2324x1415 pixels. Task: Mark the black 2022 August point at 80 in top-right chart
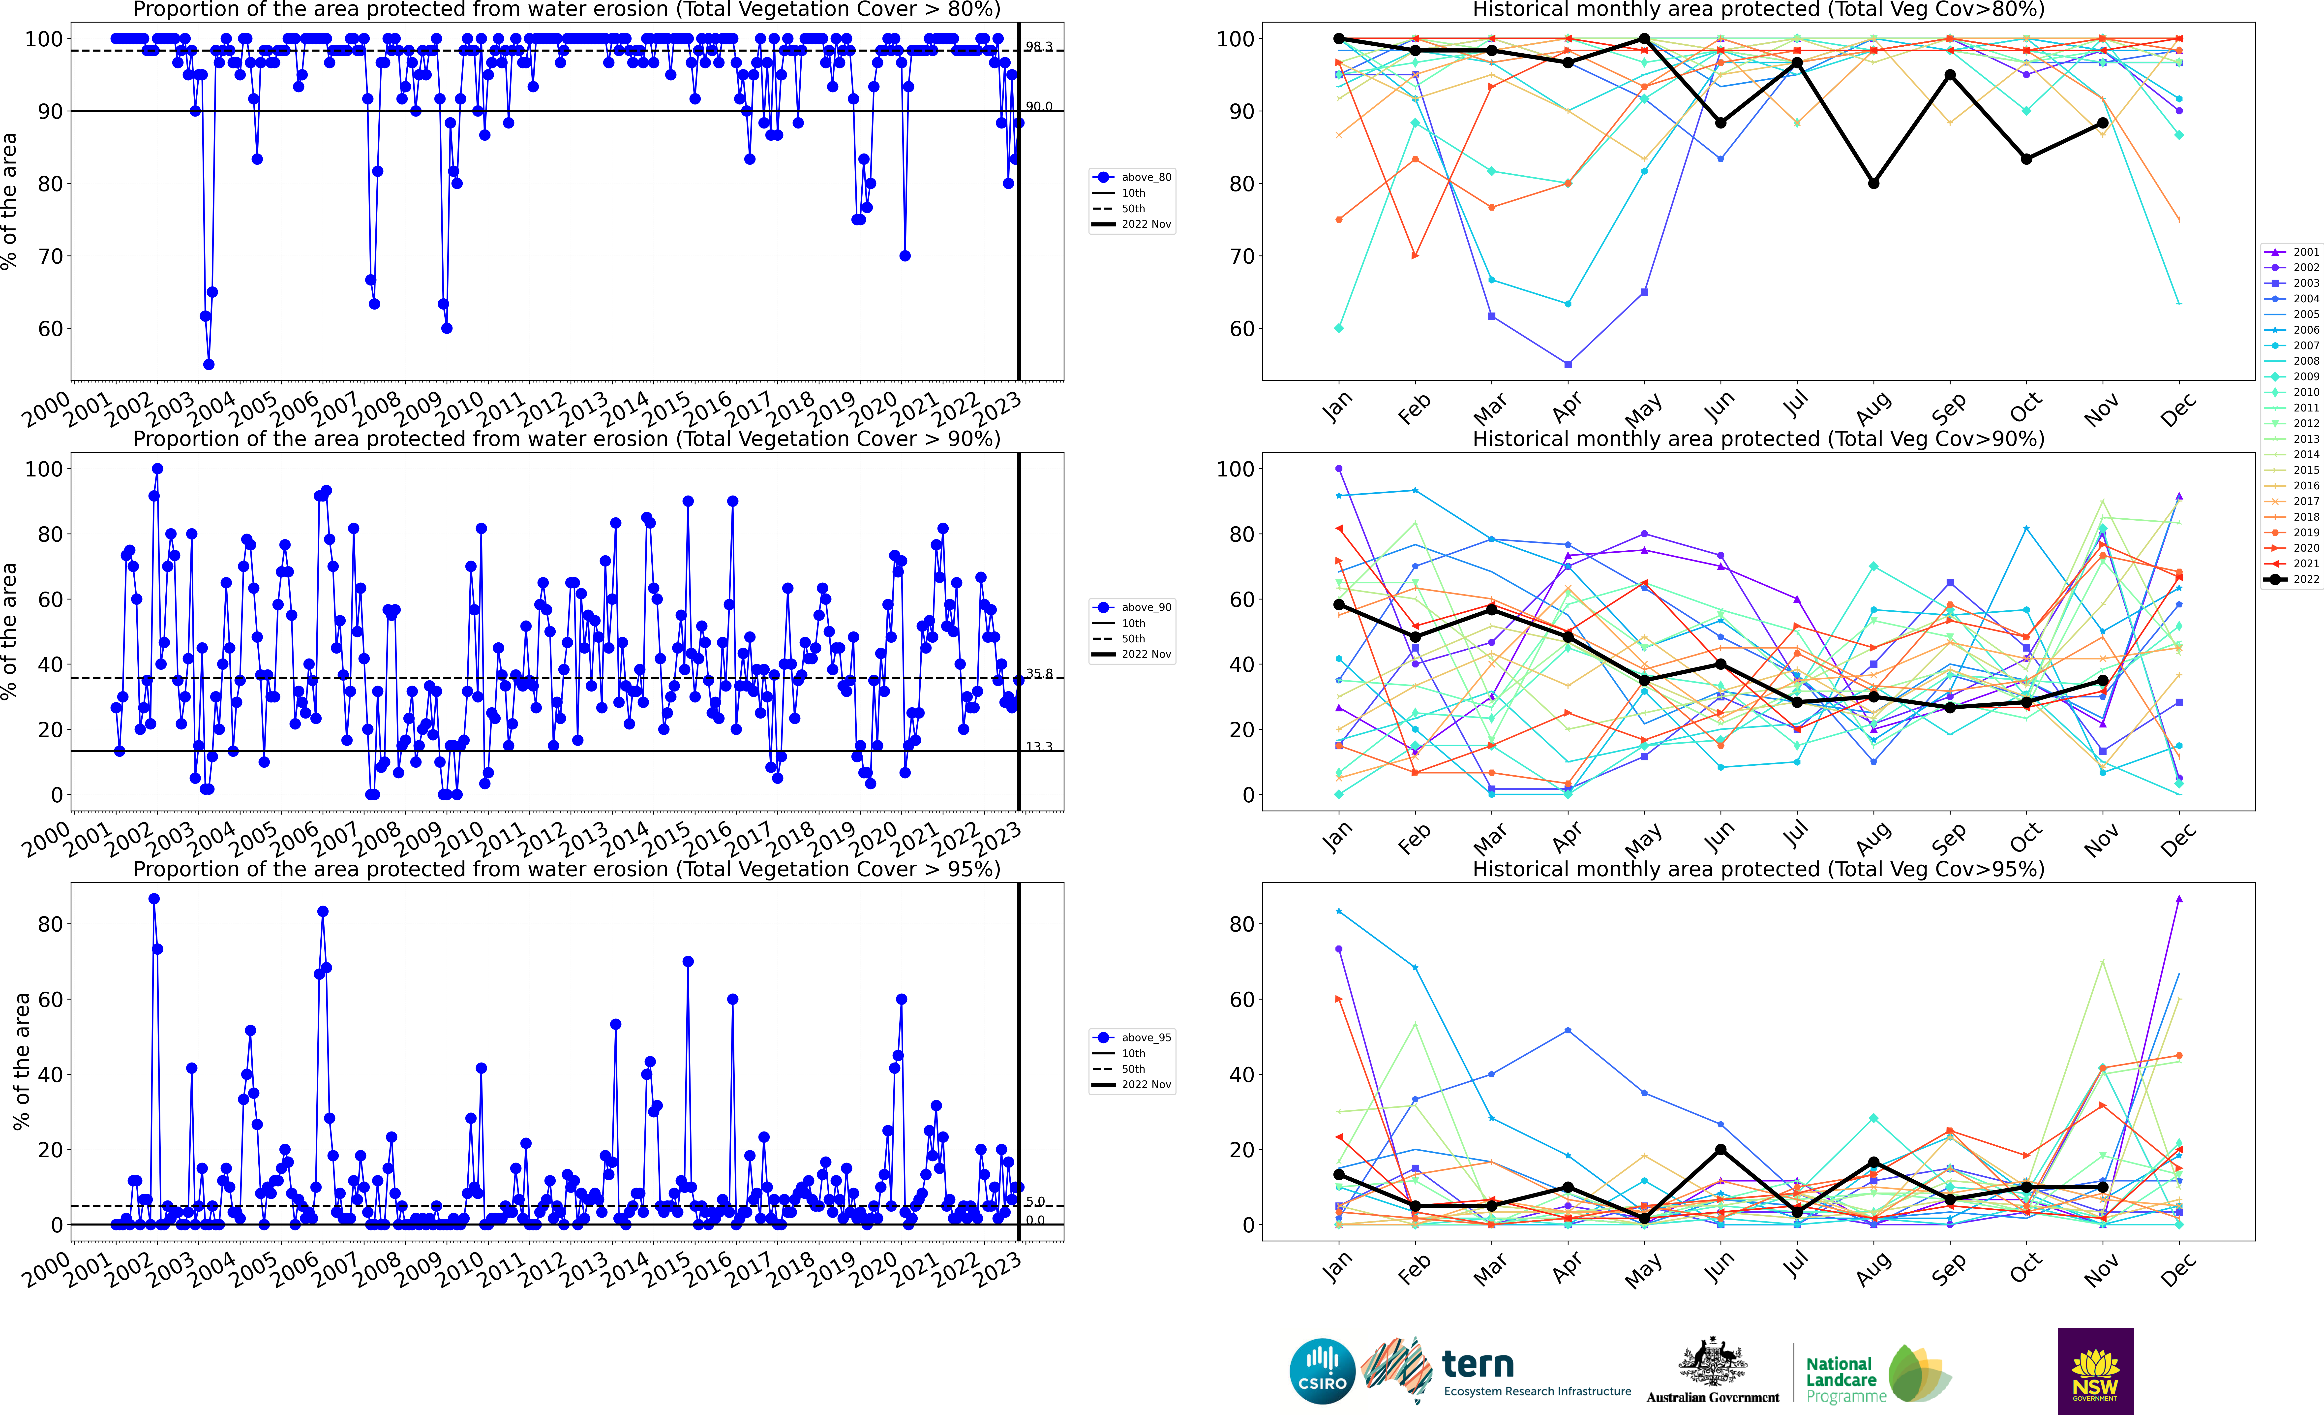pos(1873,183)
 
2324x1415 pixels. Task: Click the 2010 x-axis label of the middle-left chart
pos(460,838)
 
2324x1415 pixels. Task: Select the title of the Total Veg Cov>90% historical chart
pos(1758,439)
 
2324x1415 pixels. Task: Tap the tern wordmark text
pos(1478,1364)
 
